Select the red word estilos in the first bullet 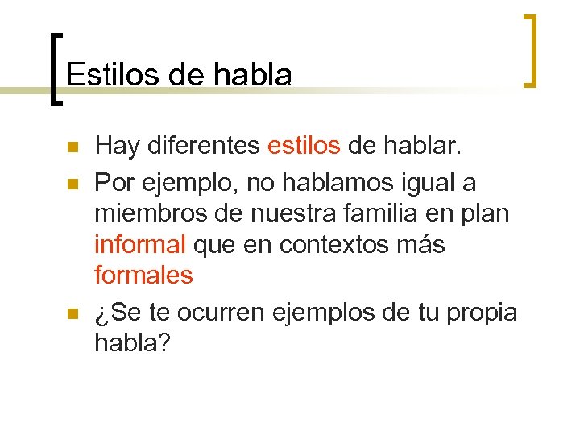[304, 147]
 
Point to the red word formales [144, 275]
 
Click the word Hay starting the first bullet [117, 147]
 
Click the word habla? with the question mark [133, 342]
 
